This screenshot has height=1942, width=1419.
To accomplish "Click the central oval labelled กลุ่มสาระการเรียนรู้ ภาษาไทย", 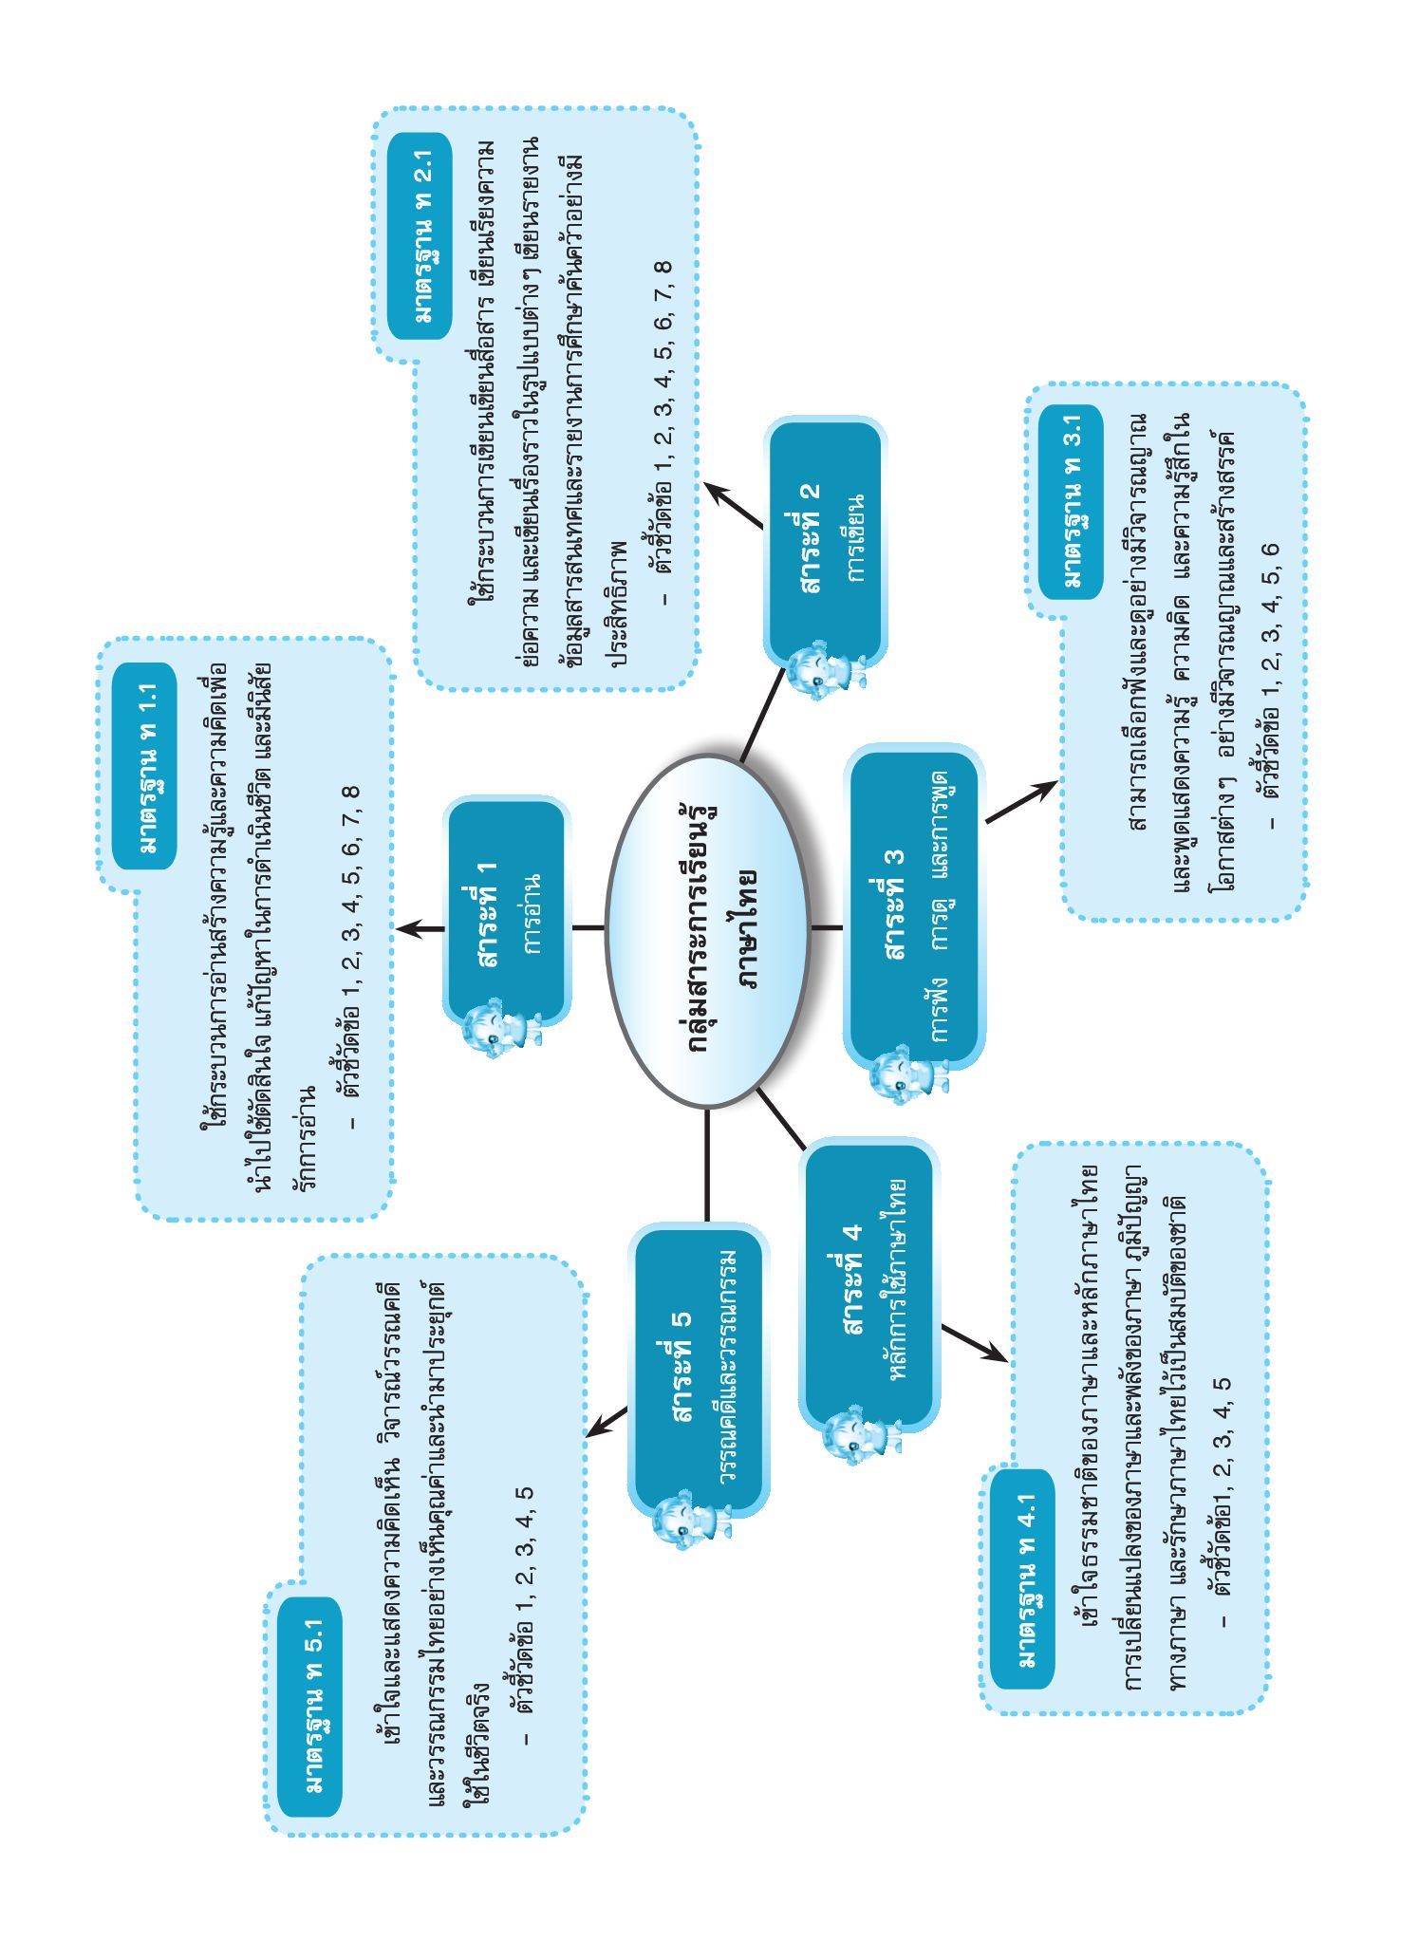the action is (x=708, y=931).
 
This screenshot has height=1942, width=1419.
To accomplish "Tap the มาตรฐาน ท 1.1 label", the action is (x=143, y=766).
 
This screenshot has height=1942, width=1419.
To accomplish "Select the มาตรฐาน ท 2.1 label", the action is (x=419, y=235).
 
